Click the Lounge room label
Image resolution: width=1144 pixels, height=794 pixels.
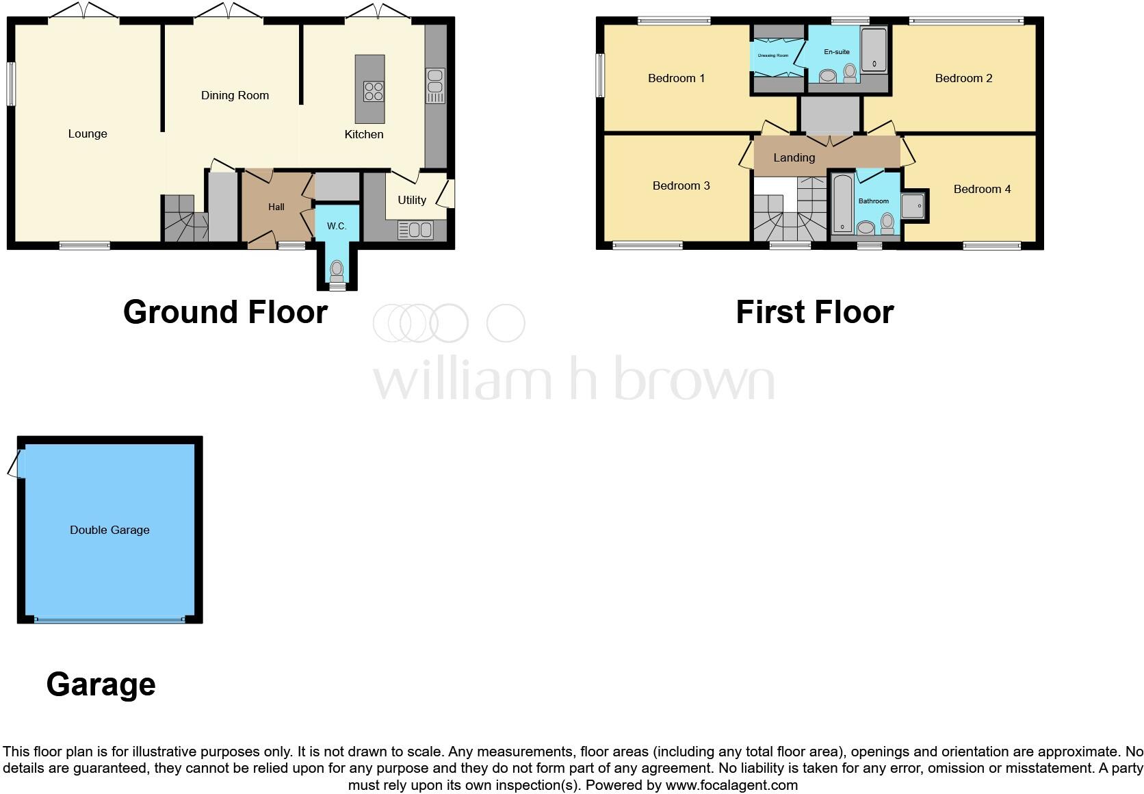click(88, 133)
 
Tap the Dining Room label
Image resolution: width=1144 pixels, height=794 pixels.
click(235, 95)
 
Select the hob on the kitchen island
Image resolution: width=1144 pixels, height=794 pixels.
click(374, 91)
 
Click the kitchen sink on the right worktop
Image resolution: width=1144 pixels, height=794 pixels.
click(435, 85)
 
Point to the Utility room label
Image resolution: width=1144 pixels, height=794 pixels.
click(412, 200)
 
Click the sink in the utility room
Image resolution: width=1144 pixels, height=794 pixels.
click(415, 230)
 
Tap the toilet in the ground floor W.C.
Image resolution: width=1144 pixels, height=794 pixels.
click(337, 271)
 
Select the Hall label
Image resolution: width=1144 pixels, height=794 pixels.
click(276, 207)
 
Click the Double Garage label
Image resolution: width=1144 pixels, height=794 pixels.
click(109, 530)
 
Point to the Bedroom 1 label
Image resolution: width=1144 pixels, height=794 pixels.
click(676, 78)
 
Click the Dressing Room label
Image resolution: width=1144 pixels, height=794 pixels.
click(773, 55)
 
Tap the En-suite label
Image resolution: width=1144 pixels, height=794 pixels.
click(837, 52)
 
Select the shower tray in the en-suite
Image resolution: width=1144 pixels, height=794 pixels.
click(874, 49)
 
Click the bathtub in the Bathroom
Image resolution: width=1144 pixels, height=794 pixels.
click(842, 203)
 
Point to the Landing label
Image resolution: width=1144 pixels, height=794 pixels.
click(794, 157)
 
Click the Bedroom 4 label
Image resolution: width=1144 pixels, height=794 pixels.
click(982, 189)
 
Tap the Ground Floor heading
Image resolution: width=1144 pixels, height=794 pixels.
click(225, 312)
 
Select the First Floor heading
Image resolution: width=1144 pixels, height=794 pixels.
click(814, 312)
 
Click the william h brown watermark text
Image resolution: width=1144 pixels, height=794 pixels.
click(573, 379)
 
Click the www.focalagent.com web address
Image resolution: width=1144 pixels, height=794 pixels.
click(731, 785)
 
